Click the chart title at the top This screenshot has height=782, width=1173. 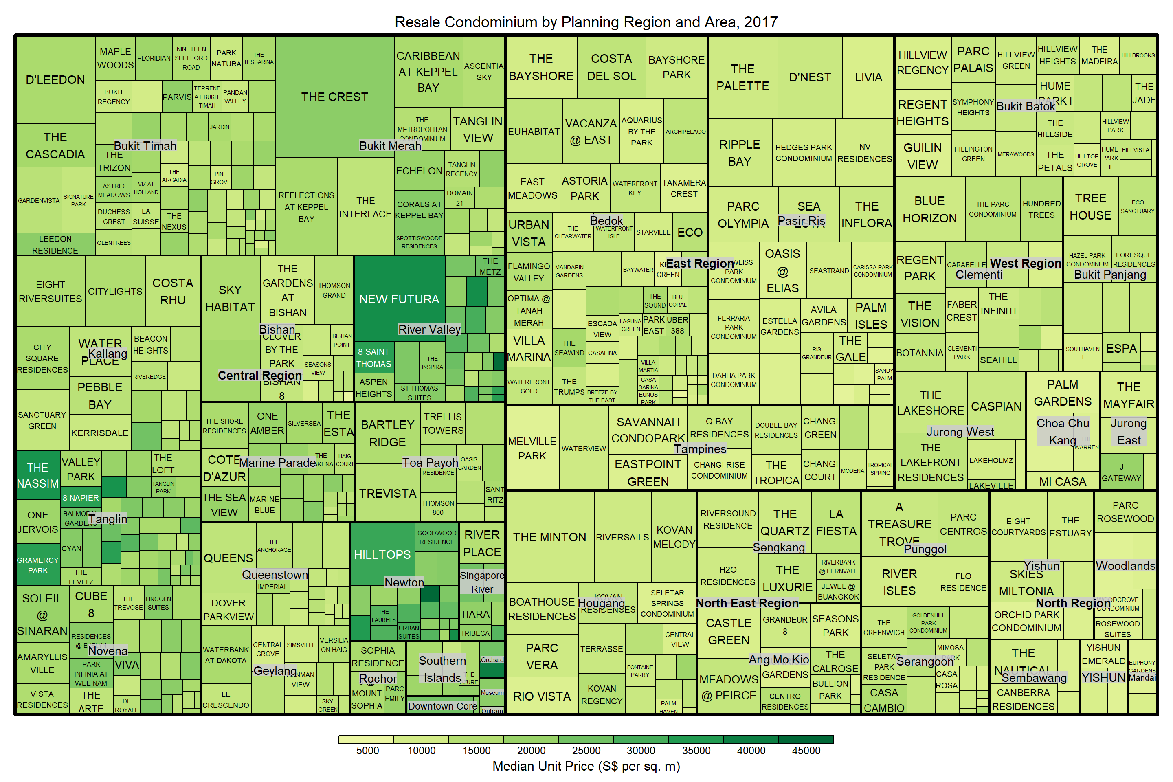tap(586, 22)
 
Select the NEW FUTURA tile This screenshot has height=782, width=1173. tap(399, 299)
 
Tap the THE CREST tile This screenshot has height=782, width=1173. tap(335, 97)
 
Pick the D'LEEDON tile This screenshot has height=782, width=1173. tap(55, 80)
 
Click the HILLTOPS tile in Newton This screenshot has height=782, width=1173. tap(382, 555)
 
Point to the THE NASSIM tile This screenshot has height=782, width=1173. tap(38, 475)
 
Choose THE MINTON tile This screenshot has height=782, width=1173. tap(549, 537)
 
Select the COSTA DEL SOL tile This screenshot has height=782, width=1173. tap(611, 67)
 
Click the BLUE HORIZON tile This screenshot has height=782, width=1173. tap(929, 209)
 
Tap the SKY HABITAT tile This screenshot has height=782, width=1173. tap(230, 298)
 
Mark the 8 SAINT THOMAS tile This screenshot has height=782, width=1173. tap(373, 358)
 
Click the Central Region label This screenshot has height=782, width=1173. tap(260, 376)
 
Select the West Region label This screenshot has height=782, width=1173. tap(1026, 264)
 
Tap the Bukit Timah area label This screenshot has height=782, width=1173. tap(145, 146)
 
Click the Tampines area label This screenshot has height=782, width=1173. tap(700, 449)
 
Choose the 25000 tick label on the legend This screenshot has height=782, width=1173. tap(586, 751)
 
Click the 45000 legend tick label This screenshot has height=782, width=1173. tap(806, 751)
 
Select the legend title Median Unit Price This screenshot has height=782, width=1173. tap(586, 767)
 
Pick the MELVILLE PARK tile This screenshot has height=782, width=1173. tap(532, 448)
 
